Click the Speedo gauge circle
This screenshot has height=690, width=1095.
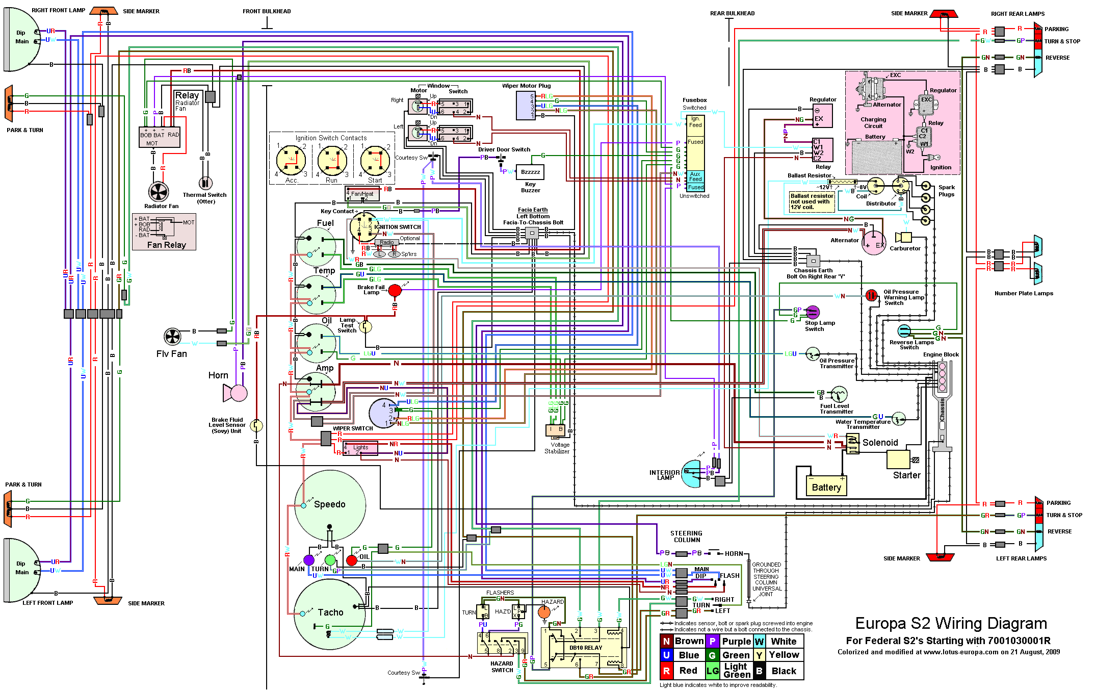[330, 505]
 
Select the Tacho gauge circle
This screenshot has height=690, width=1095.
[330, 614]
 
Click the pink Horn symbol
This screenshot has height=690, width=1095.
[236, 393]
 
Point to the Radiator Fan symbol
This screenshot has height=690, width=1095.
[159, 192]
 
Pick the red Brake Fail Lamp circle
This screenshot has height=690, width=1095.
[395, 291]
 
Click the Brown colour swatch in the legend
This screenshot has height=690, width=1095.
[666, 641]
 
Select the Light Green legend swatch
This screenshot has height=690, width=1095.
[713, 671]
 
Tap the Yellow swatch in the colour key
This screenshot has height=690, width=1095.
[759, 655]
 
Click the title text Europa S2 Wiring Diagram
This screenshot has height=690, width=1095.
[951, 624]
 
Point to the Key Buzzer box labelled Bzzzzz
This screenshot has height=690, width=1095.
[531, 172]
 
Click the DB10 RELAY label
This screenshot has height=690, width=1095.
[586, 648]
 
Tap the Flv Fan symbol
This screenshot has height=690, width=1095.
[172, 337]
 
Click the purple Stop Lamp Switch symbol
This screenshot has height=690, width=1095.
[813, 312]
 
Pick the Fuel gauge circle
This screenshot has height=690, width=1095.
[317, 246]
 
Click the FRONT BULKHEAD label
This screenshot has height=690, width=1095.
[267, 11]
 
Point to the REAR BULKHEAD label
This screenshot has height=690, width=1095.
[732, 13]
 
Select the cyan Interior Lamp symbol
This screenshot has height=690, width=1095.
[692, 474]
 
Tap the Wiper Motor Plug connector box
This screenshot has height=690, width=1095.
[526, 106]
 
